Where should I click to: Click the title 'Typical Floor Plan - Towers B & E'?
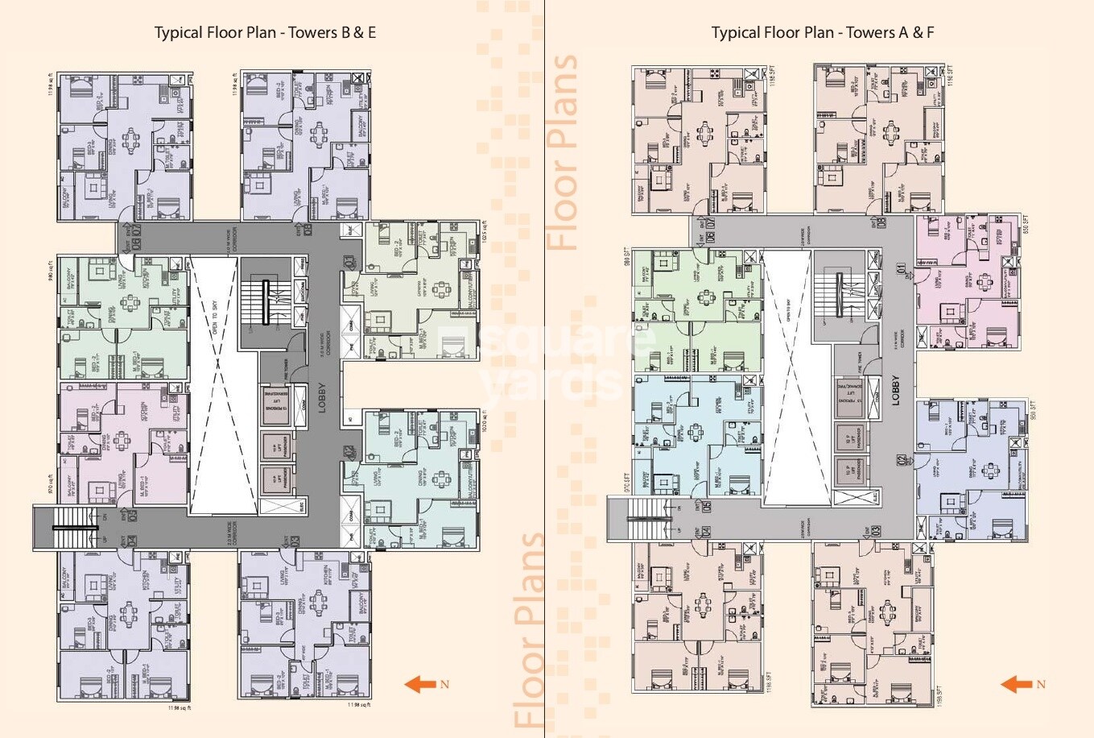tap(265, 33)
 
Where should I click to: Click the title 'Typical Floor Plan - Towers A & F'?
tap(822, 33)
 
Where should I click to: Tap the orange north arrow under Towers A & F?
tap(1017, 685)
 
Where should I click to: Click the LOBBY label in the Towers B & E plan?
tap(321, 397)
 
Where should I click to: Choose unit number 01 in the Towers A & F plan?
tap(902, 267)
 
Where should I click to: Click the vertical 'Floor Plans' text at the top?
tap(563, 153)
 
